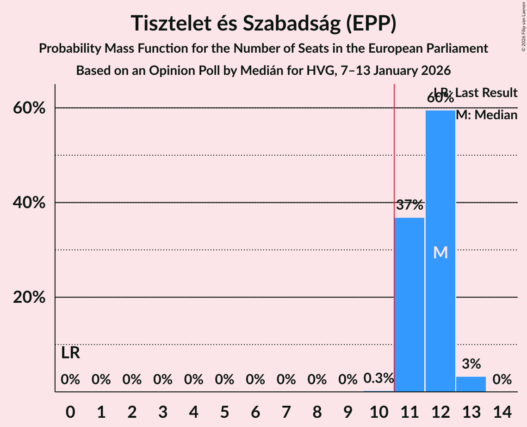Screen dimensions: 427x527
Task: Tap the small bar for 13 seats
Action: click(x=471, y=384)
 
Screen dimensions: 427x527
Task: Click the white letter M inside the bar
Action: click(x=440, y=252)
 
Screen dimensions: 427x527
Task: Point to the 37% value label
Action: click(x=409, y=205)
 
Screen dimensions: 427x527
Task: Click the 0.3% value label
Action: click(x=378, y=378)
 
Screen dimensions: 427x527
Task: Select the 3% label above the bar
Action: click(x=471, y=364)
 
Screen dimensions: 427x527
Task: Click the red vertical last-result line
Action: click(x=394, y=231)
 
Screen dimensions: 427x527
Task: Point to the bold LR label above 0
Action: click(x=70, y=353)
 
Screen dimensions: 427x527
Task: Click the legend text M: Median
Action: click(x=486, y=115)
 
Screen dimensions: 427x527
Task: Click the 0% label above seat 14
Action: click(x=502, y=380)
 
